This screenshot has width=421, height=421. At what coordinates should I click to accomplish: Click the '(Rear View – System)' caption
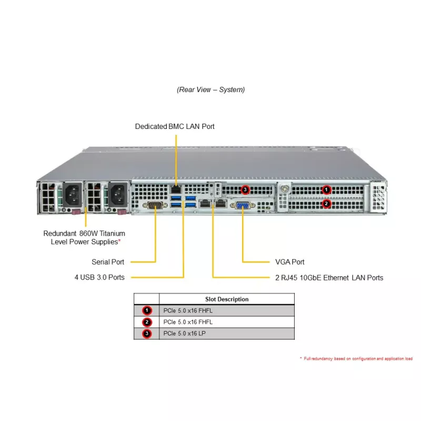[x=210, y=89]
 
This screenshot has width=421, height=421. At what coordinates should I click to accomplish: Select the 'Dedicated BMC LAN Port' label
[x=175, y=126]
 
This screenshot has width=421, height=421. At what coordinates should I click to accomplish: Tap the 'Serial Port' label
[x=108, y=262]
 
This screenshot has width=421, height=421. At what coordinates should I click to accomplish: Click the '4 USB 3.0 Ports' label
[x=99, y=277]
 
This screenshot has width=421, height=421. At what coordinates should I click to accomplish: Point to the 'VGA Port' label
[x=289, y=262]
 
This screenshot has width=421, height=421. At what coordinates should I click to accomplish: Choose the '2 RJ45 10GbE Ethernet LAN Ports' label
[x=329, y=277]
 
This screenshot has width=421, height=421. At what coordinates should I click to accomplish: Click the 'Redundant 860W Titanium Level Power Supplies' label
[x=84, y=237]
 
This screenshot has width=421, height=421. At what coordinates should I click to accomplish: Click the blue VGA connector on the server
[x=243, y=205]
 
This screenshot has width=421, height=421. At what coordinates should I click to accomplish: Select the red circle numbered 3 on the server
[x=244, y=189]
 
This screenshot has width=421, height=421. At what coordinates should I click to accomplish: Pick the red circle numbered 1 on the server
[x=326, y=189]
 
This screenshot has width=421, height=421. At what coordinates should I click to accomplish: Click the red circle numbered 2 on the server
[x=326, y=203]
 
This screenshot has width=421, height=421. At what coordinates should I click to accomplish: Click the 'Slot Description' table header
[x=227, y=299]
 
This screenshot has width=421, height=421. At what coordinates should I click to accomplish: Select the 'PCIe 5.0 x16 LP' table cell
[x=185, y=334]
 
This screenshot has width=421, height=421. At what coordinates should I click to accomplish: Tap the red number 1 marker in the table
[x=147, y=310]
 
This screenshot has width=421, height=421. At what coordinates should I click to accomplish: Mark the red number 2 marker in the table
[x=147, y=322]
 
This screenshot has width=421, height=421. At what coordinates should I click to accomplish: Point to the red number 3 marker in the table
[x=147, y=334]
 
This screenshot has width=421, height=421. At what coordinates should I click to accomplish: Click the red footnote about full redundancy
[x=356, y=358]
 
